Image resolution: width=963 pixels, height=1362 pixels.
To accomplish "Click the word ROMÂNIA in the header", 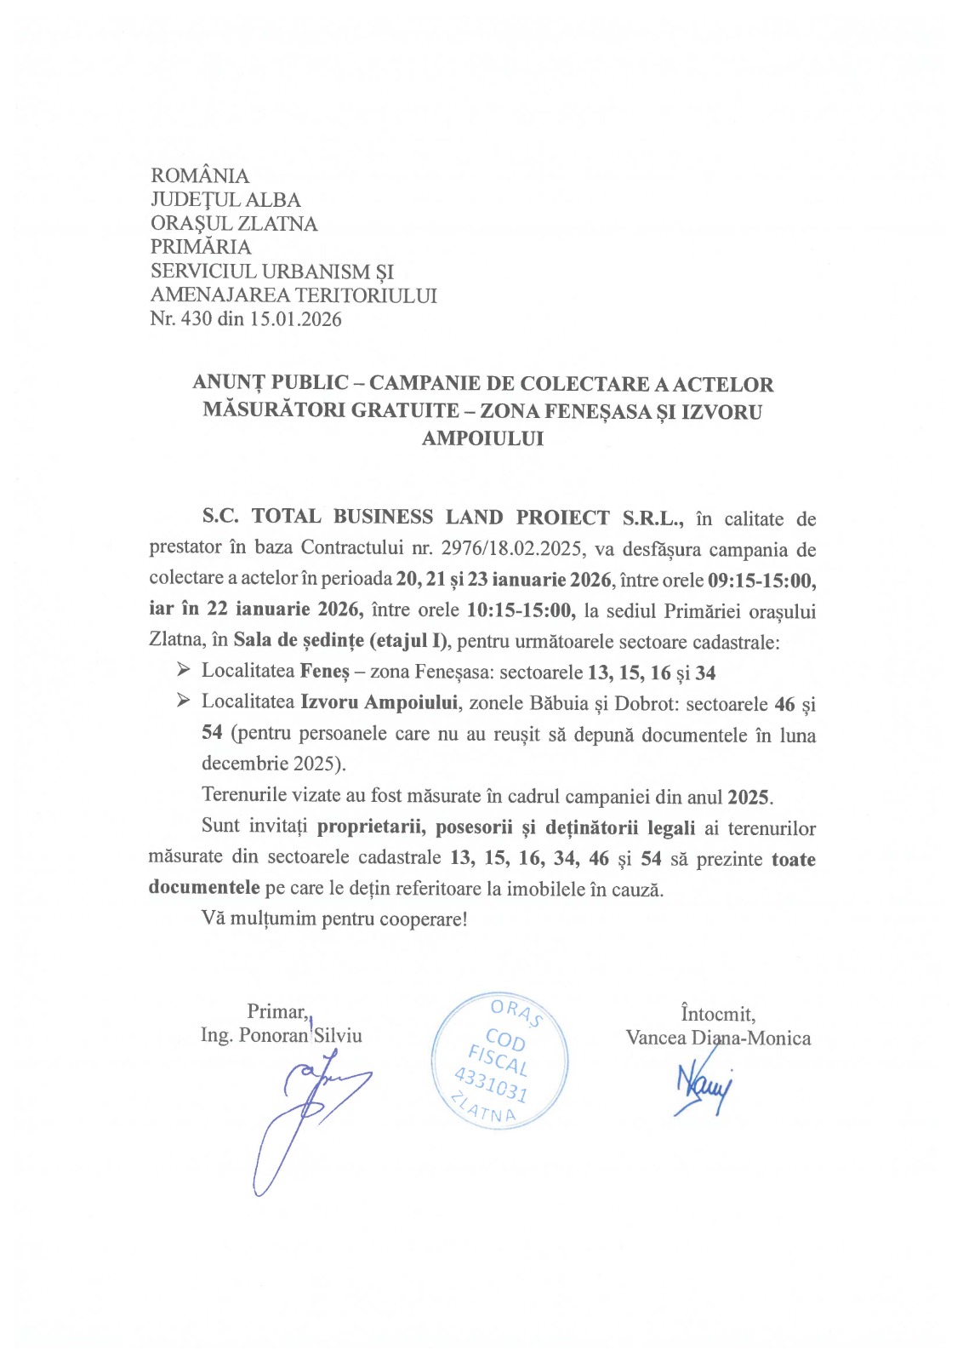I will (x=200, y=176).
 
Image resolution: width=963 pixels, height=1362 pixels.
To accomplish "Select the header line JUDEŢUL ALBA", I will (x=225, y=200).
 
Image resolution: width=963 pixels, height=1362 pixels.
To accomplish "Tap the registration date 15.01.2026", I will (x=295, y=319).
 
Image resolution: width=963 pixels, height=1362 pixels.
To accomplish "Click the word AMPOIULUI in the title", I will (x=482, y=438).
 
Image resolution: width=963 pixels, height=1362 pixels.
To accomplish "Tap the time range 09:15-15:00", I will (x=761, y=581).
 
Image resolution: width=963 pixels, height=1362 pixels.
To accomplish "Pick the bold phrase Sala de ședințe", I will (x=299, y=641).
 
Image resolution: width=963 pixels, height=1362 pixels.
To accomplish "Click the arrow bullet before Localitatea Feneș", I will (x=183, y=671).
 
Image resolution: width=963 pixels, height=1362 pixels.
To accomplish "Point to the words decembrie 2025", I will (x=273, y=764).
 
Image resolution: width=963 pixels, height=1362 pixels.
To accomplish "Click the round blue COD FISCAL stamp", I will (x=499, y=1061).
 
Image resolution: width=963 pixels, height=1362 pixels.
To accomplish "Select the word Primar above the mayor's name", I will (x=276, y=1011).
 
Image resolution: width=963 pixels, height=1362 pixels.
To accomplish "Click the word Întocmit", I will (x=717, y=1014).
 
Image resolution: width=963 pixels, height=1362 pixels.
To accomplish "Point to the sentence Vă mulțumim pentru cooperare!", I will (x=334, y=919).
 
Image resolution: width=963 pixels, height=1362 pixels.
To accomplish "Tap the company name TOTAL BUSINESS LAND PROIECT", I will (x=430, y=518).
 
